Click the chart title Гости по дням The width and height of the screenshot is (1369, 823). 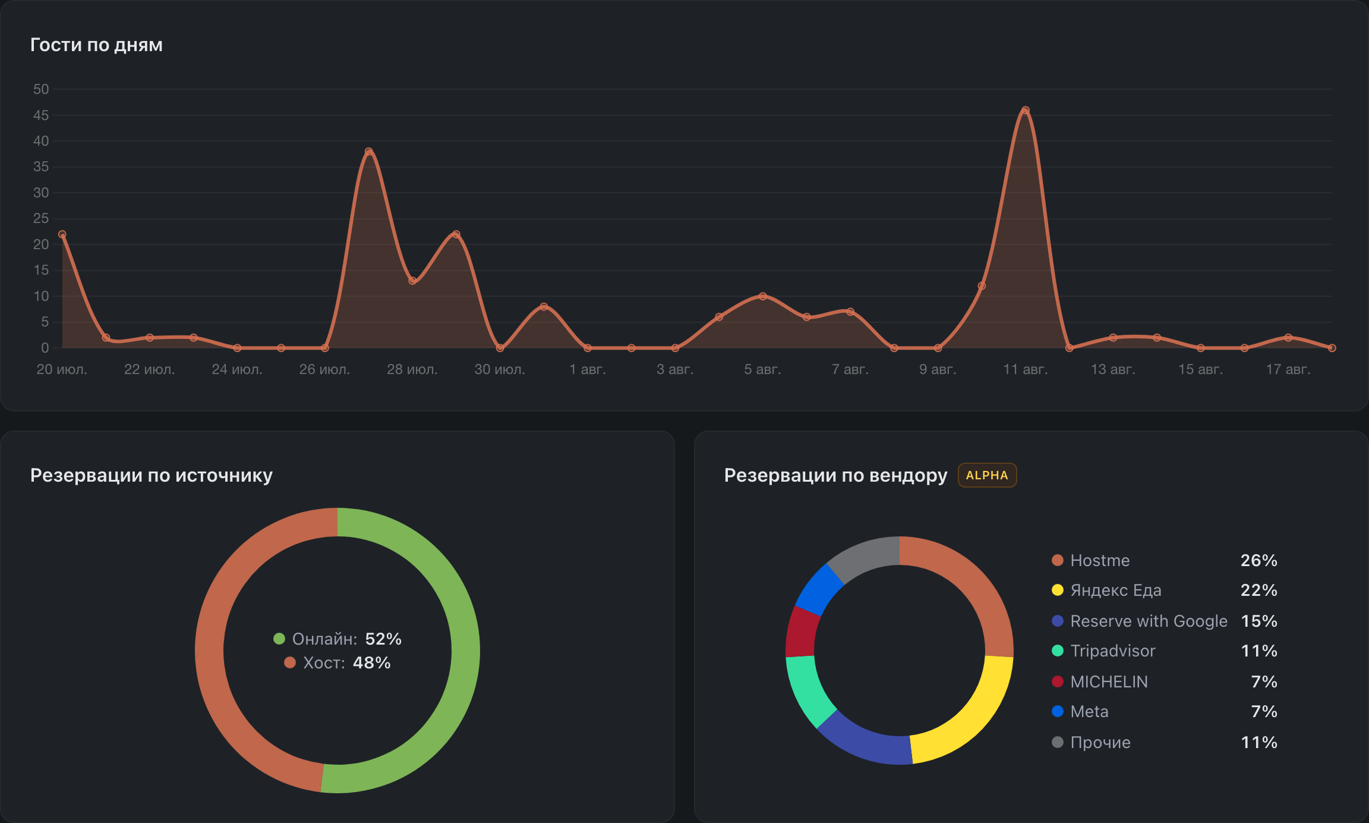(x=96, y=45)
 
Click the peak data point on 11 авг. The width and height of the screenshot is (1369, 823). (x=1026, y=110)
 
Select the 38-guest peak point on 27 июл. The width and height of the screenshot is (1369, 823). (x=368, y=152)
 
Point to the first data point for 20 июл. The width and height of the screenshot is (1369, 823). (x=62, y=234)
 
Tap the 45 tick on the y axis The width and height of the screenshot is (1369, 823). (x=41, y=115)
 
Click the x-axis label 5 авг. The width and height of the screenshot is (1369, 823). (x=762, y=369)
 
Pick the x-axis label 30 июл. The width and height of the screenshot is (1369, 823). (x=500, y=369)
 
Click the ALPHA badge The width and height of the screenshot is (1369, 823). (x=987, y=475)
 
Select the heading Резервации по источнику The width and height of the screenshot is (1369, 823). (x=152, y=475)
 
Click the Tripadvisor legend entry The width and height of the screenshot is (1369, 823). (x=1103, y=651)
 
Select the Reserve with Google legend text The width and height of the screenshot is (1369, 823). (x=1149, y=621)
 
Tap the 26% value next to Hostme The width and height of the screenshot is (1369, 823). (x=1259, y=560)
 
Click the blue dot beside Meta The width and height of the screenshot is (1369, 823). (x=1058, y=711)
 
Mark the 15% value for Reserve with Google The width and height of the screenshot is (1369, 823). (x=1259, y=621)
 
